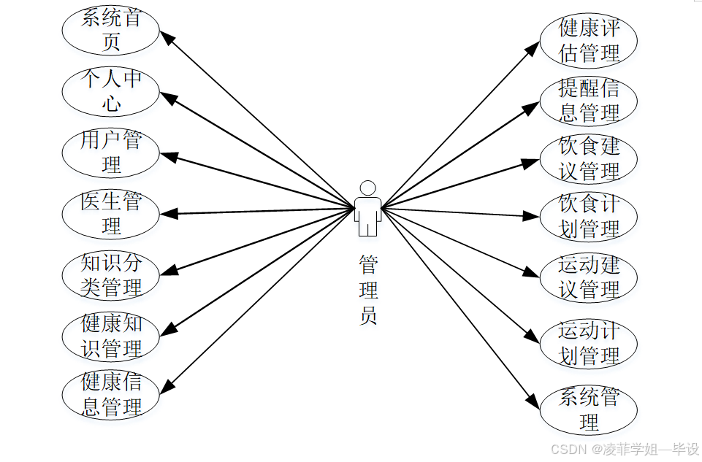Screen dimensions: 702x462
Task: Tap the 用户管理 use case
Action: (x=111, y=153)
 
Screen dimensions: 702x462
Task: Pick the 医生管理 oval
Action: (x=111, y=213)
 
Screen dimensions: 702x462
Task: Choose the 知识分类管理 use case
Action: (x=111, y=275)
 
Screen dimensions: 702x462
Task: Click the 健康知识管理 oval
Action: (x=111, y=336)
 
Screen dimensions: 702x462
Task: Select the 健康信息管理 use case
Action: (x=111, y=395)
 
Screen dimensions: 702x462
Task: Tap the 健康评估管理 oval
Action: (x=589, y=40)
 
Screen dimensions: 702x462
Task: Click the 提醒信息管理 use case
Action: (x=589, y=101)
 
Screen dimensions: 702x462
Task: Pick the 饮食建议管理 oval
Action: (x=589, y=159)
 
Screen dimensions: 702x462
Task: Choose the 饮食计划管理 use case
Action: (x=589, y=217)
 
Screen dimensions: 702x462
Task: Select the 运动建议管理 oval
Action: (x=589, y=277)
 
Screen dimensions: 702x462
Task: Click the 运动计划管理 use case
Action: (x=589, y=343)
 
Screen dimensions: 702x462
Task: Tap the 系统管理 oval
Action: (x=589, y=410)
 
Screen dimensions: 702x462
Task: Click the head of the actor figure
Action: (x=368, y=188)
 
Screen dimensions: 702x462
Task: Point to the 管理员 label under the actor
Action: (x=368, y=290)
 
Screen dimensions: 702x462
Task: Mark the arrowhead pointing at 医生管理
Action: (x=168, y=214)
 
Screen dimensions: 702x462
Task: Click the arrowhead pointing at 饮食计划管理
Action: (x=532, y=215)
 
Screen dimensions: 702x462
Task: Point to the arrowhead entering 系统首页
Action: (x=167, y=36)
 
